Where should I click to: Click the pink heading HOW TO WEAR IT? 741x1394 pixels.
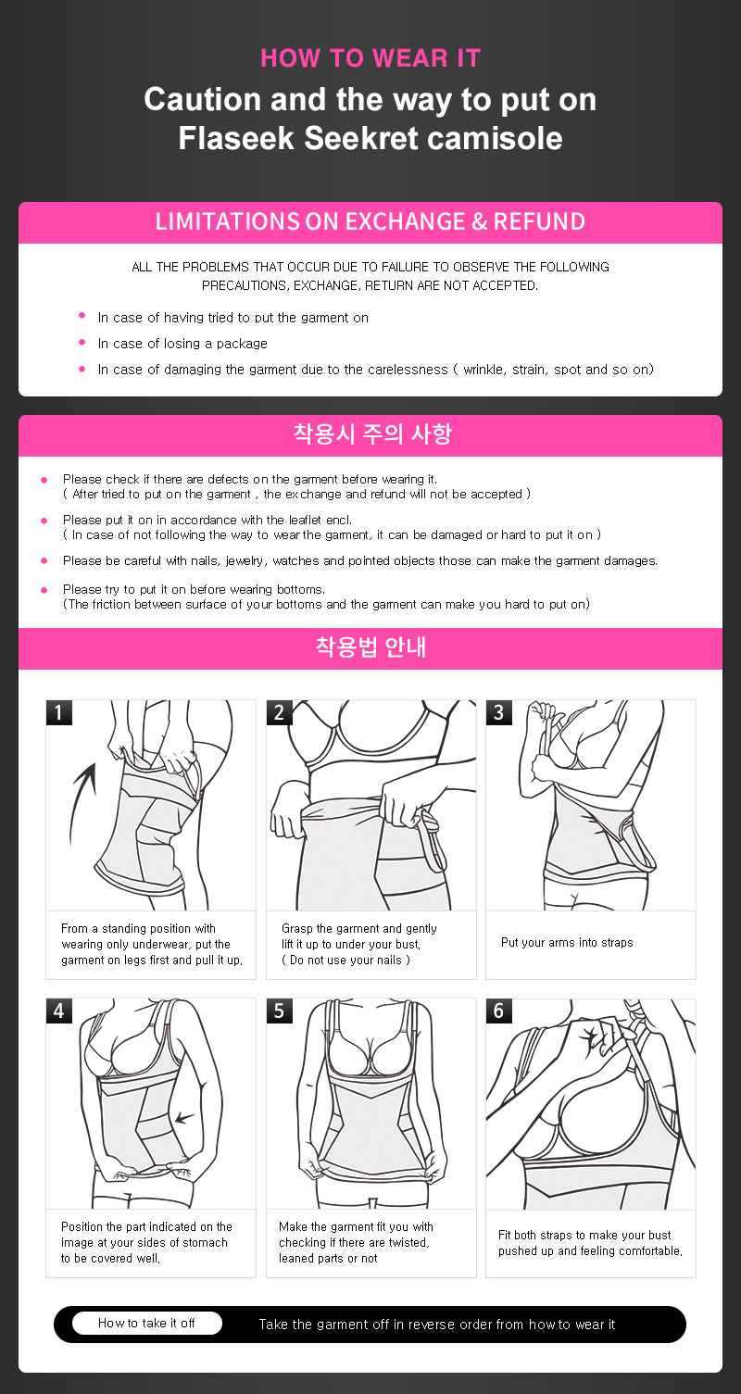pos(370,57)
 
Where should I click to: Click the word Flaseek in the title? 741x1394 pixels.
pos(236,137)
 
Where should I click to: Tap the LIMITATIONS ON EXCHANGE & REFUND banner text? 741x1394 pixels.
pos(370,221)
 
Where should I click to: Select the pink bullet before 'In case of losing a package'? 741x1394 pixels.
pos(82,343)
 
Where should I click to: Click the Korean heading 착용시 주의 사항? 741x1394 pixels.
pos(372,433)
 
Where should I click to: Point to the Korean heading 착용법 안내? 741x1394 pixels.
pos(370,647)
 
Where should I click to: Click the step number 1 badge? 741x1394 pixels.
pos(59,712)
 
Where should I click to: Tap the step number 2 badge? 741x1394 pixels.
pos(280,712)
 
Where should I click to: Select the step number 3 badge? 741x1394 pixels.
pos(499,712)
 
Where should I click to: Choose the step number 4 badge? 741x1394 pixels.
pos(59,1011)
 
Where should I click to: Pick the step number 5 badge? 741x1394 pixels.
pos(280,1011)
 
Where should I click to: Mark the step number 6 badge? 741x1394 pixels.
pos(499,1011)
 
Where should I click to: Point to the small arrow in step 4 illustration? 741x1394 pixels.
pos(184,1118)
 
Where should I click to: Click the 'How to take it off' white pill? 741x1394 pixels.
pos(147,1323)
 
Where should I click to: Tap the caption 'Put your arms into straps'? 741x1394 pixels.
pos(567,942)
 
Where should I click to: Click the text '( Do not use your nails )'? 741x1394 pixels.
pos(345,961)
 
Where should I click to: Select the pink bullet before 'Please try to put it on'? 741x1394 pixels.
pos(44,590)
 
